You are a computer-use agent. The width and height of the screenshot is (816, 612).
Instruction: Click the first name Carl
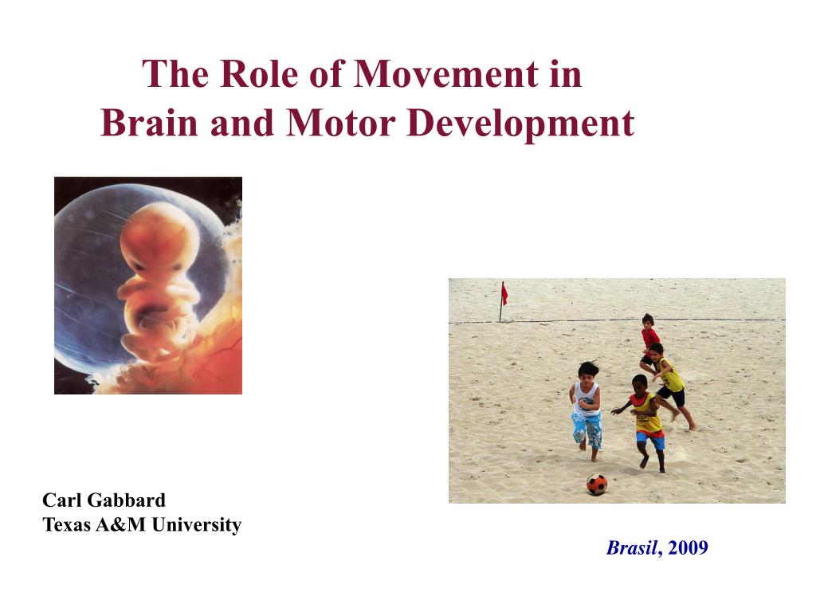coord(59,500)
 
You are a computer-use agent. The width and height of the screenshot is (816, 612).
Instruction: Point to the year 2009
coord(688,548)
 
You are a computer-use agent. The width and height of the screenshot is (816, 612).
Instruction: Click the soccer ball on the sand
coord(597,484)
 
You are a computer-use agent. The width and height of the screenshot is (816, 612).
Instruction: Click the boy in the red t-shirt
coord(649,335)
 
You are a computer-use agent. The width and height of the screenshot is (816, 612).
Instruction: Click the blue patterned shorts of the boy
coord(586,429)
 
